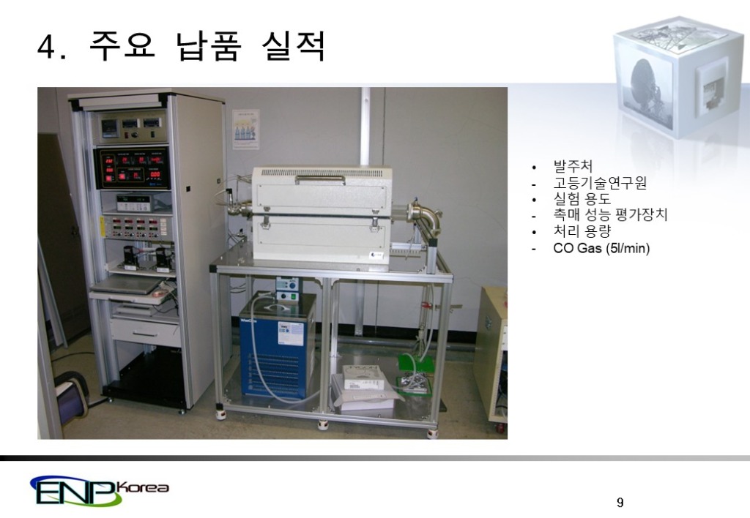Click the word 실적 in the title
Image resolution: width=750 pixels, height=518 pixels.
pos(293,47)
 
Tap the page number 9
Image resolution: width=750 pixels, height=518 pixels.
pos(620,502)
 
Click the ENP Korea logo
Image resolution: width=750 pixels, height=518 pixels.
pos(99,490)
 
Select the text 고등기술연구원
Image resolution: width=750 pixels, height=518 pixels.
pos(600,182)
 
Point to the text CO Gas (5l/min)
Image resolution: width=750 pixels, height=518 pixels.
pos(601,248)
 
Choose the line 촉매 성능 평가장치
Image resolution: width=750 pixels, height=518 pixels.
pos(610,215)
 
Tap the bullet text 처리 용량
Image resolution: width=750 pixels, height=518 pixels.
pos(582,231)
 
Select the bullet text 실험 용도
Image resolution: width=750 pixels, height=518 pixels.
pos(582,198)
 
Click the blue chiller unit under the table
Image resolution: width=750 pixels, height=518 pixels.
pos(278,345)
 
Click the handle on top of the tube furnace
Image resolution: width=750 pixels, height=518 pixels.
pos(319,178)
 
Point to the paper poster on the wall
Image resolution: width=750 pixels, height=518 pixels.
pos(245,129)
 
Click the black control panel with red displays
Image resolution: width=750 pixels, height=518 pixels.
pos(134,168)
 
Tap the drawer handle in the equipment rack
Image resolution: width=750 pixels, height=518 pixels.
pos(144,334)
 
